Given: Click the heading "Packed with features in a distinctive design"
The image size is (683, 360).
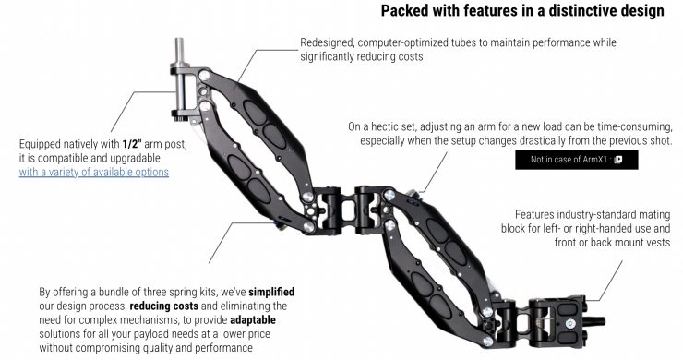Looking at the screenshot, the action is pyautogui.click(x=522, y=10).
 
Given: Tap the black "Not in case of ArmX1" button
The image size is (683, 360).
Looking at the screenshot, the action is pyautogui.click(x=576, y=160).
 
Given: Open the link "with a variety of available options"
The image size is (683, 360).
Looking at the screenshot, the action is pyautogui.click(x=93, y=173).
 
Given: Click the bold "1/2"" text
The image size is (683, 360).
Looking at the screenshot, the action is pyautogui.click(x=132, y=144).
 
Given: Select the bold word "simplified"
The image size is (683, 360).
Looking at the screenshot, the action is pyautogui.click(x=271, y=292).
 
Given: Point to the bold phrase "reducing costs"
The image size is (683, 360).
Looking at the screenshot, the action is pyautogui.click(x=163, y=306).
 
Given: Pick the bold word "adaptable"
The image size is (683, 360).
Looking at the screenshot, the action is pyautogui.click(x=253, y=320).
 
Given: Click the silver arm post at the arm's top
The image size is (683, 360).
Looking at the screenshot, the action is pyautogui.click(x=179, y=78).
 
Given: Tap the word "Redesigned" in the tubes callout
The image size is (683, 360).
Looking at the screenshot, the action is pyautogui.click(x=326, y=42).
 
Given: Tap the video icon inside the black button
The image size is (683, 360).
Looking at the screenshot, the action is pyautogui.click(x=617, y=160).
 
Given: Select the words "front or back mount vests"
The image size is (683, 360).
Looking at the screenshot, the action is pyautogui.click(x=613, y=243).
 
